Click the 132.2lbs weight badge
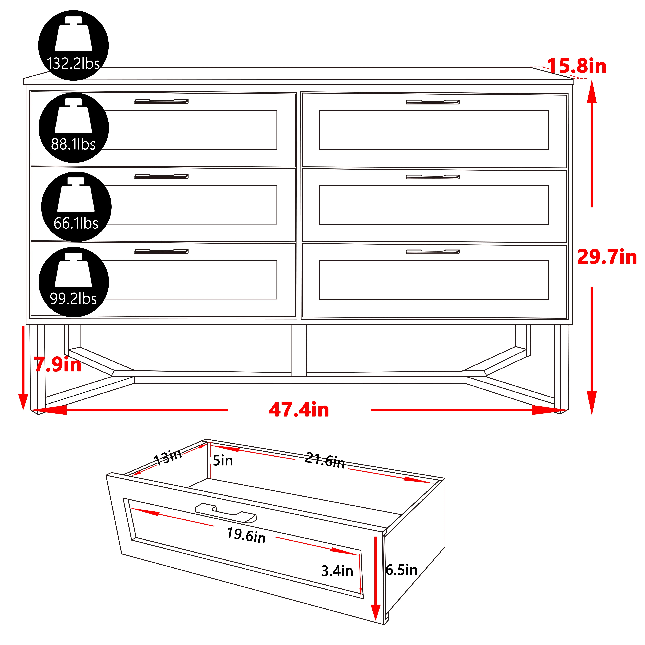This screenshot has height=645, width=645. [x=73, y=45]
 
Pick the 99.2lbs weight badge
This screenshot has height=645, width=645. [x=74, y=282]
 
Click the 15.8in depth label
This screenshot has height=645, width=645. [x=577, y=66]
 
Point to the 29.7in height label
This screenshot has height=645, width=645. [x=607, y=257]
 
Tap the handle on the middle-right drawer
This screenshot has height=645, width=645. [x=433, y=177]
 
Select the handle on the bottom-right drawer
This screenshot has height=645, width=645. [x=433, y=252]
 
